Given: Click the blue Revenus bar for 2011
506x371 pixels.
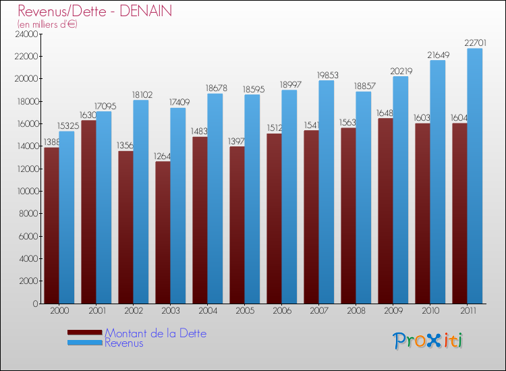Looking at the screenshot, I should pyautogui.click(x=475, y=175).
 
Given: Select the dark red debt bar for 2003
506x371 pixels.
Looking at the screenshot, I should pyautogui.click(x=163, y=233).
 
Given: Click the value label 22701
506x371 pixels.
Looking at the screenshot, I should pyautogui.click(x=474, y=43).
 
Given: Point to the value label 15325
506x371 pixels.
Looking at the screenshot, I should pyautogui.click(x=67, y=126).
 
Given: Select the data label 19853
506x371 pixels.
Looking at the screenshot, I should pyautogui.click(x=327, y=76).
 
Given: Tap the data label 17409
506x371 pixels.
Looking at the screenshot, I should pyautogui.click(x=178, y=103).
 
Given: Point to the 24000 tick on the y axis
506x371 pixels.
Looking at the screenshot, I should pyautogui.click(x=26, y=34).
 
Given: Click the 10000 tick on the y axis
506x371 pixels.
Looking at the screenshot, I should pyautogui.click(x=26, y=191).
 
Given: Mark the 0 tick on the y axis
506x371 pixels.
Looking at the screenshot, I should pyautogui.click(x=34, y=304).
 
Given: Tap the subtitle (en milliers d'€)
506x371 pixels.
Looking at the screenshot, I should pyautogui.click(x=47, y=24).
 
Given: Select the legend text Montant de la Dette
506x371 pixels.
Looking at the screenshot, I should pyautogui.click(x=156, y=333).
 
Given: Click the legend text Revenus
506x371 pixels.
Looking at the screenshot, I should pyautogui.click(x=124, y=343).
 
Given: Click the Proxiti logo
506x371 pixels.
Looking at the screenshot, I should pyautogui.click(x=428, y=341).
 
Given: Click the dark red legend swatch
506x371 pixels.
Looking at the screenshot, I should pyautogui.click(x=85, y=333).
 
